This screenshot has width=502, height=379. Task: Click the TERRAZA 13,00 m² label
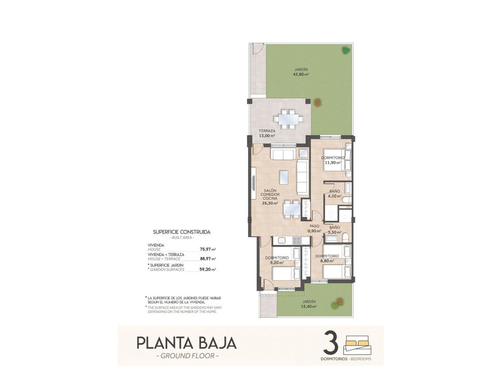click(x=267, y=134)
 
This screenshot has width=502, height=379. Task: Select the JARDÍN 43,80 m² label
click(x=301, y=72)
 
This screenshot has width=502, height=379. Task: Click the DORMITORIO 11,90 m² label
click(x=333, y=160)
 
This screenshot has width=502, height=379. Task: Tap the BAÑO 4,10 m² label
click(x=335, y=194)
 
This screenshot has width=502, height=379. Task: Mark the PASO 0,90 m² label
click(x=314, y=229)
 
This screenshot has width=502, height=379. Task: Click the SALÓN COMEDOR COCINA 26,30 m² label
click(x=270, y=197)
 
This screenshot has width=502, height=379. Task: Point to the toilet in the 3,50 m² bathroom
click(x=346, y=238)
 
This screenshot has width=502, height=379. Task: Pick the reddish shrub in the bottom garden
click(x=337, y=303)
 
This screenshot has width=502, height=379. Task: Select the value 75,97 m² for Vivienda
click(x=207, y=249)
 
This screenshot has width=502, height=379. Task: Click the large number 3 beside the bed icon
click(x=331, y=342)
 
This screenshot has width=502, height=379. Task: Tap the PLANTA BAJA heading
click(x=186, y=342)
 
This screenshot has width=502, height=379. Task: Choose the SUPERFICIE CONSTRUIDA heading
click(x=181, y=231)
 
